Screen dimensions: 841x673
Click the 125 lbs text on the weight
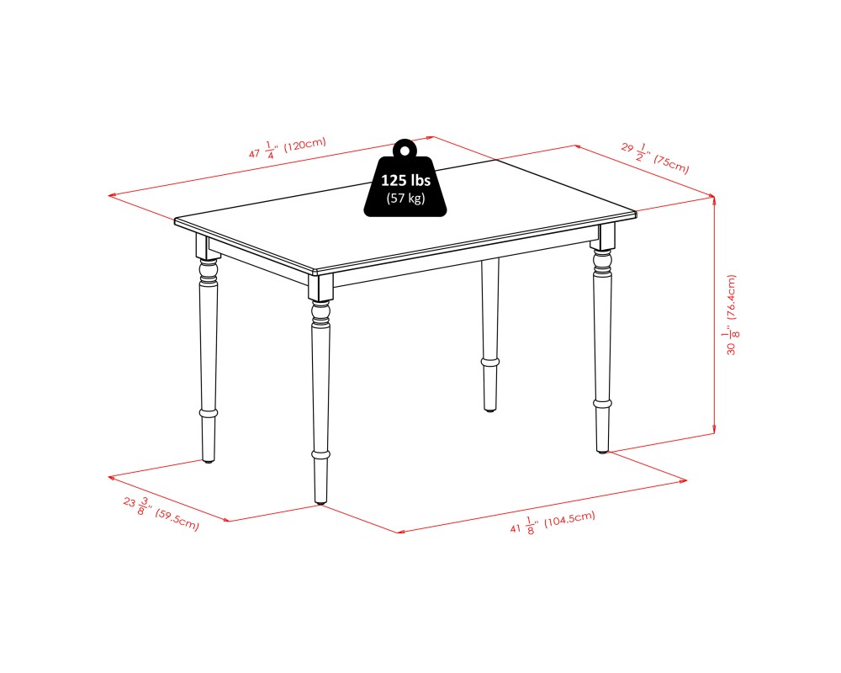pos(405,180)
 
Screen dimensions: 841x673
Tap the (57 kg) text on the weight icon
pos(405,198)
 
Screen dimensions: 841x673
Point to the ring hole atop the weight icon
pos(405,150)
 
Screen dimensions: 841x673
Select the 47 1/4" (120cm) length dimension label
pos(287,147)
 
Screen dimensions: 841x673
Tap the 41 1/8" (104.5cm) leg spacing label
pos(553,522)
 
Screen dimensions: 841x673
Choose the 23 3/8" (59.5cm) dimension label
pos(161,514)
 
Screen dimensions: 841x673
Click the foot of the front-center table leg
pos(320,502)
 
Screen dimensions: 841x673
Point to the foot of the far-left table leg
pos(209,460)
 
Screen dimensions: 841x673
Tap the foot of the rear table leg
pos(489,409)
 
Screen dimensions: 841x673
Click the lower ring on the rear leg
pos(489,363)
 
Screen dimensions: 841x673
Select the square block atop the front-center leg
pos(320,287)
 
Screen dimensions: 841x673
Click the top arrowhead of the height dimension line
pos(714,199)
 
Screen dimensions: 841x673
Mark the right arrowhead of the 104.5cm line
pos(683,480)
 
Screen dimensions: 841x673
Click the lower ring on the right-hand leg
pos(602,403)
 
